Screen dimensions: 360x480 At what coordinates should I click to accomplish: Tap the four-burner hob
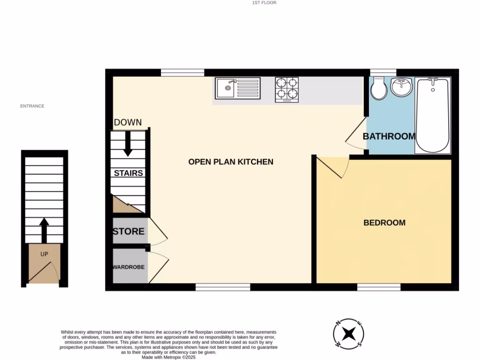point(287,89)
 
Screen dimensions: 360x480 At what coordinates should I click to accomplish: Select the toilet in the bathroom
point(378,88)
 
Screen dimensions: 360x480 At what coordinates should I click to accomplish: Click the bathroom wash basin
point(402,88)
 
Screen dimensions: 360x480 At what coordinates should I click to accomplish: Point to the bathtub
point(433,115)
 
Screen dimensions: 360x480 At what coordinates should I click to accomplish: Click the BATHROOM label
point(389,136)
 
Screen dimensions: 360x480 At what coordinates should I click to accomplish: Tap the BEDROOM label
point(384,223)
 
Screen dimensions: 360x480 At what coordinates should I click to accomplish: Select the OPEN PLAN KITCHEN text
point(231,162)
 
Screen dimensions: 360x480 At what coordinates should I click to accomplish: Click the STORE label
point(128,232)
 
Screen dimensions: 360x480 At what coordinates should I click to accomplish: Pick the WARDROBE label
point(128,267)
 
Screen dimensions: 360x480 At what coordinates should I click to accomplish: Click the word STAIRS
point(128,173)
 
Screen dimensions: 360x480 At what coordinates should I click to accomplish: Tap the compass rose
point(348,334)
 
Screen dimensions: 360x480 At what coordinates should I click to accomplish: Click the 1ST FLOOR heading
point(264,3)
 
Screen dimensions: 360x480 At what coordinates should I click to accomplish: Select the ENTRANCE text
point(32,106)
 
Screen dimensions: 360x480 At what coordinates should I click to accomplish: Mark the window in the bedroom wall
point(379,287)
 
